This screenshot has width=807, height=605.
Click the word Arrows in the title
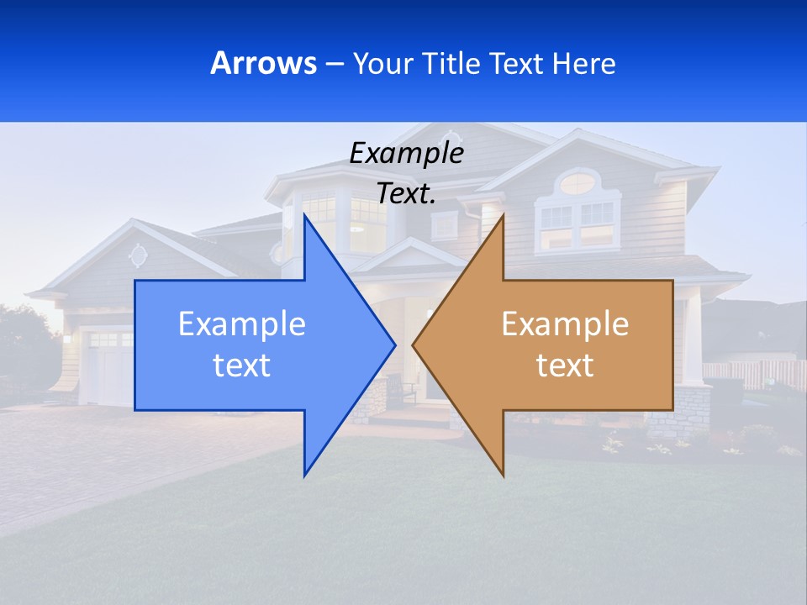[263, 63]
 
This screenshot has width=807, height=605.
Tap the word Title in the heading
[449, 63]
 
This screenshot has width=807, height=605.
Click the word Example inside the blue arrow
[242, 324]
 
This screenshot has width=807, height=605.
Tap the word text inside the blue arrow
[242, 365]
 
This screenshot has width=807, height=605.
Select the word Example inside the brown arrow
[565, 324]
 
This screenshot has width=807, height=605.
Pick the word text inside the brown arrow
[565, 365]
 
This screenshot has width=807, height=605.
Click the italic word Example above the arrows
[406, 153]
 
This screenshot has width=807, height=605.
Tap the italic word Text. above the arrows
[406, 193]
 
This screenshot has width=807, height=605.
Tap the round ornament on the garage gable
[138, 255]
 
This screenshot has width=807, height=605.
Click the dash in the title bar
[334, 63]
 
